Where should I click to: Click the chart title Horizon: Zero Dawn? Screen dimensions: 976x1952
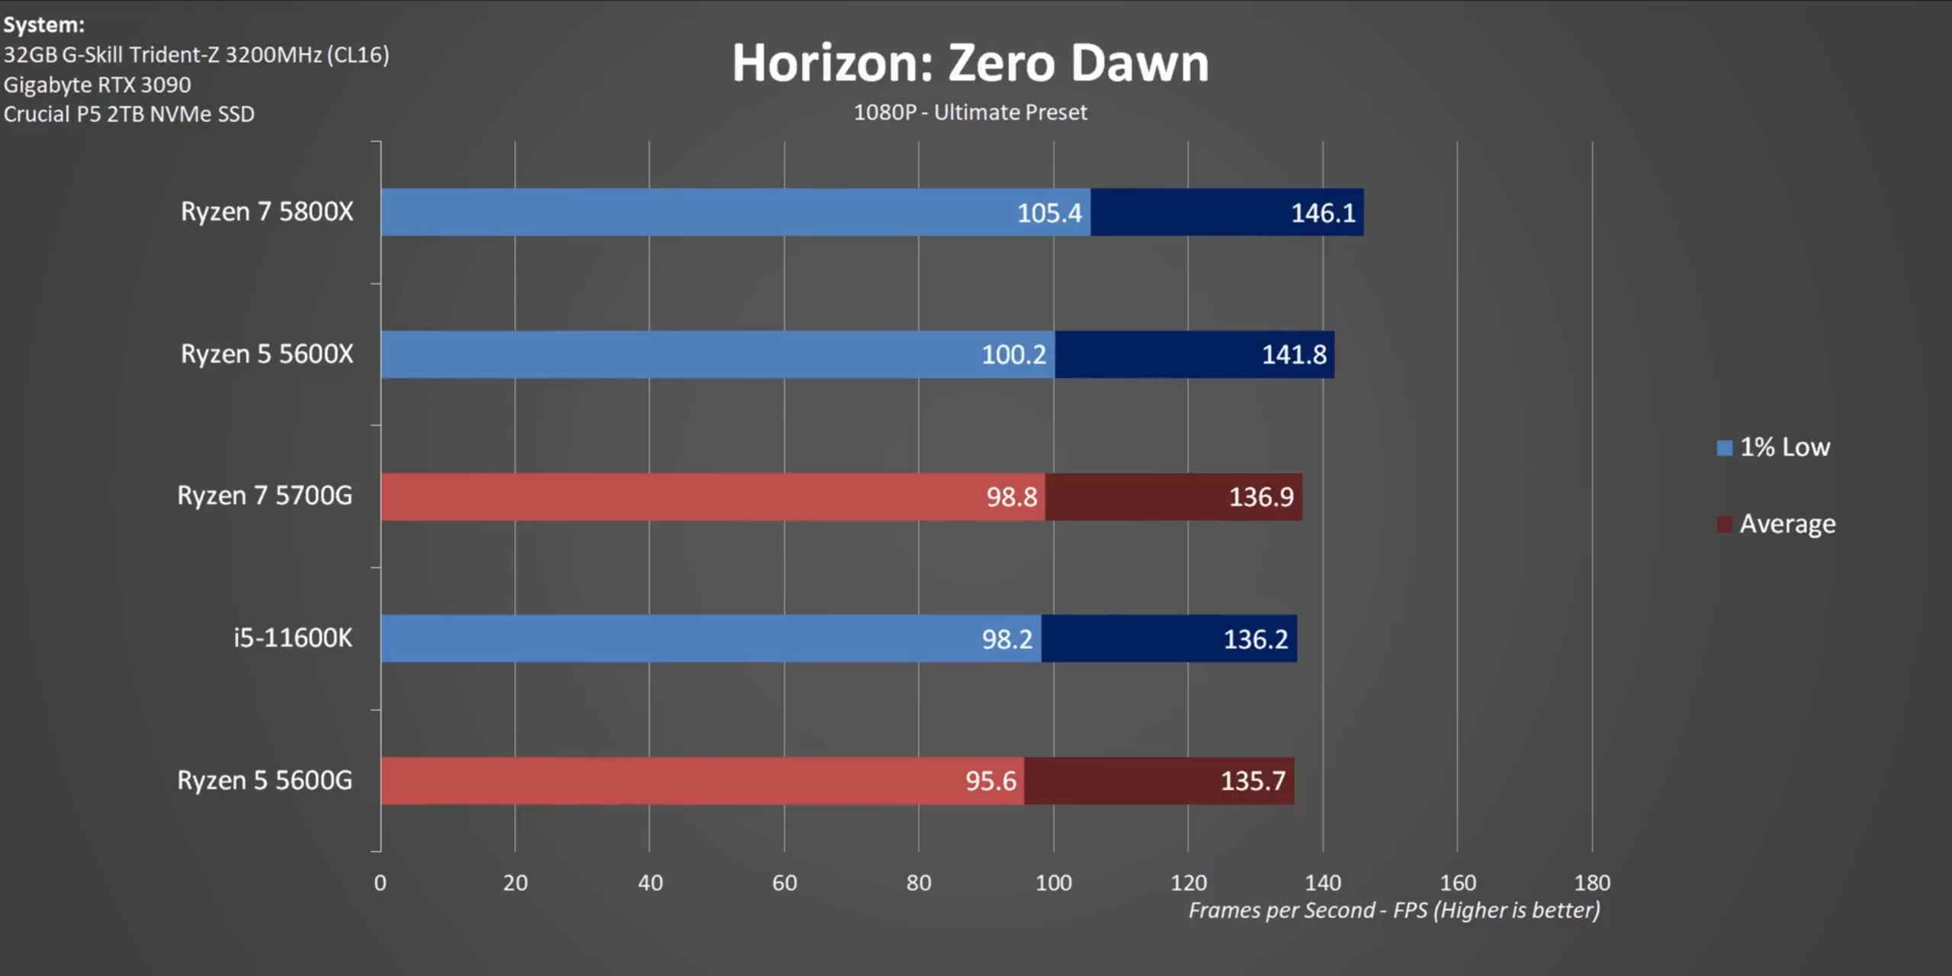970,63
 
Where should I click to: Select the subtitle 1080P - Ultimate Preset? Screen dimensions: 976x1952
970,113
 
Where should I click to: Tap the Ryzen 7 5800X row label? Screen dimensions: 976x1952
267,211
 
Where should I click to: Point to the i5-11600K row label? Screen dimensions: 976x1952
293,637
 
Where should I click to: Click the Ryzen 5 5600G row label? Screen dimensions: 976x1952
265,780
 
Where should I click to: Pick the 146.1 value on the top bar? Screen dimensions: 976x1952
1323,213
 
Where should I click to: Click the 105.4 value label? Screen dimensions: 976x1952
1049,213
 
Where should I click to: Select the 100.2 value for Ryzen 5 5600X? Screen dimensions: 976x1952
1013,355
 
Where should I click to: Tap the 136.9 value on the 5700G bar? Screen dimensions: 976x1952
1261,497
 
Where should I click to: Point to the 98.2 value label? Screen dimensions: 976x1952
1006,639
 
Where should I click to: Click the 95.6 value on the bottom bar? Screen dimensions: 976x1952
990,781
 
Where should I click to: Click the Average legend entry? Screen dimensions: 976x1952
1777,524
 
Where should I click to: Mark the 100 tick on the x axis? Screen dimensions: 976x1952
1053,883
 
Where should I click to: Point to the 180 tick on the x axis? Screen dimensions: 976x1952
1592,883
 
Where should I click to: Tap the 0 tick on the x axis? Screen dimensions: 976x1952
380,883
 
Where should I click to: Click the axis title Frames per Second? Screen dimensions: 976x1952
1394,910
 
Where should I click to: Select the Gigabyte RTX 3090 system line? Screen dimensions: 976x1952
98,85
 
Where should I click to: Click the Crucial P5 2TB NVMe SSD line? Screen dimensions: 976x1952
129,114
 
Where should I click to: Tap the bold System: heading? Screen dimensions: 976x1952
43,25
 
